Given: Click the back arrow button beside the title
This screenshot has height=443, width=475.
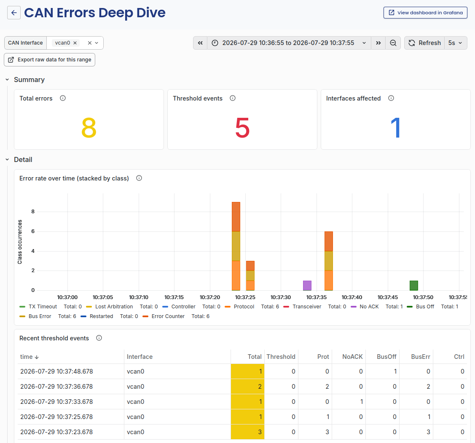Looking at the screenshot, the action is (x=14, y=13).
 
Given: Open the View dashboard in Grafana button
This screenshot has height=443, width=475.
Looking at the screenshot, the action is (x=425, y=13).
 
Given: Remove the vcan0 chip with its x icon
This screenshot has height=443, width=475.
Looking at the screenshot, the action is (x=75, y=43).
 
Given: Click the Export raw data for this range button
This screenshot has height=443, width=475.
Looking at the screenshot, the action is (x=50, y=60).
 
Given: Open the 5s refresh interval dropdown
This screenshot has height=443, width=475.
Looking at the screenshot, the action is (x=456, y=43).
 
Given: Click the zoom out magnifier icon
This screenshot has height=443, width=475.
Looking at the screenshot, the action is (x=393, y=43).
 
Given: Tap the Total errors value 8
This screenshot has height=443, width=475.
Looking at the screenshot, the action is (x=89, y=128).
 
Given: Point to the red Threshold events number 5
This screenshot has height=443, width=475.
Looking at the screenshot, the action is (x=242, y=128).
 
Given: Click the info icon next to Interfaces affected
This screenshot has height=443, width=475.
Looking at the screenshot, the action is (x=391, y=98).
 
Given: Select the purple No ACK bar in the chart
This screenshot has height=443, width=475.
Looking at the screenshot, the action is (x=307, y=286).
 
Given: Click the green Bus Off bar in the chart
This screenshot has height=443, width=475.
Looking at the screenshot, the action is (x=414, y=286).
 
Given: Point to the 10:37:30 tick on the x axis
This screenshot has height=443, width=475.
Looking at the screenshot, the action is (x=281, y=297).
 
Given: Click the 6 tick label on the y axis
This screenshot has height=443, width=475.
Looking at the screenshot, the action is (x=33, y=231).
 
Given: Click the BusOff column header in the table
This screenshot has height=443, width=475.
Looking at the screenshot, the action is (x=386, y=357).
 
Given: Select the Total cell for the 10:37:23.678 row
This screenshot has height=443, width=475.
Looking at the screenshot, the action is (x=247, y=432).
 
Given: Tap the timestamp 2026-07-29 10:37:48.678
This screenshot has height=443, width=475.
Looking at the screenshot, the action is (x=56, y=371).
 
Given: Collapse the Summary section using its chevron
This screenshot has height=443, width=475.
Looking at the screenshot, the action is (x=7, y=80).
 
